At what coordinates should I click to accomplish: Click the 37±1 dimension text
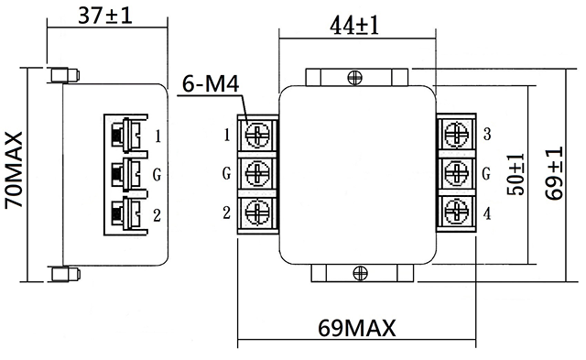click(x=105, y=16)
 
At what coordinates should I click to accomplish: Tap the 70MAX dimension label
click(x=14, y=169)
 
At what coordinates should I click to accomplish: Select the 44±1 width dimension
click(x=354, y=26)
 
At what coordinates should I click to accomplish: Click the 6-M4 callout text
click(x=211, y=83)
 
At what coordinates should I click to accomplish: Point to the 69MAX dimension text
click(x=356, y=328)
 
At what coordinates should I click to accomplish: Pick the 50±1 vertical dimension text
click(x=515, y=174)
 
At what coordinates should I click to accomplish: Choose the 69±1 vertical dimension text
click(x=553, y=173)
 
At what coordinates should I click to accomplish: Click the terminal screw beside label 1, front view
click(x=257, y=135)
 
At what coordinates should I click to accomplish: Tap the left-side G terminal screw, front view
click(x=257, y=173)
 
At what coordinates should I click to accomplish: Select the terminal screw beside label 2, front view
click(x=257, y=212)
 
